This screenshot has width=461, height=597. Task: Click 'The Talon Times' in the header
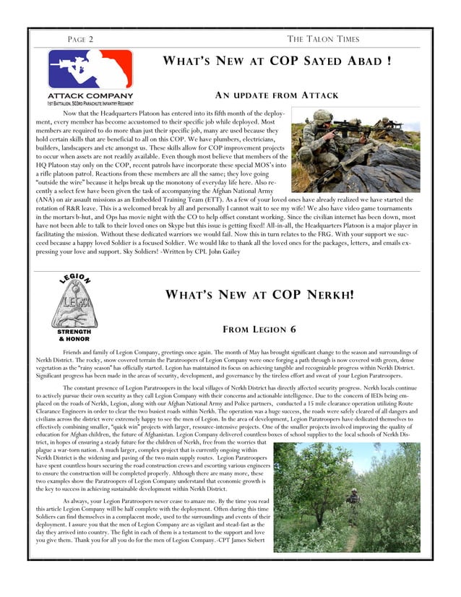[x=323, y=39]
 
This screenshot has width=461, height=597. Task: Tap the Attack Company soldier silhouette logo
[x=90, y=69]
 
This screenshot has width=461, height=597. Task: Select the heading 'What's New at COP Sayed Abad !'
[x=277, y=61]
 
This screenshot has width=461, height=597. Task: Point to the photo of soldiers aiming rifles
[x=355, y=150]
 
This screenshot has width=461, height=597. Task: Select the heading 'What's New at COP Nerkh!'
[x=260, y=295]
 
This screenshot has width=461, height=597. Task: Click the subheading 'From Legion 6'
[x=261, y=330]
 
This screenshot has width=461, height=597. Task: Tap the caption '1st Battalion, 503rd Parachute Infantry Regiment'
[x=90, y=104]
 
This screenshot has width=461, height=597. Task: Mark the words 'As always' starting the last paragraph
[x=77, y=500]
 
